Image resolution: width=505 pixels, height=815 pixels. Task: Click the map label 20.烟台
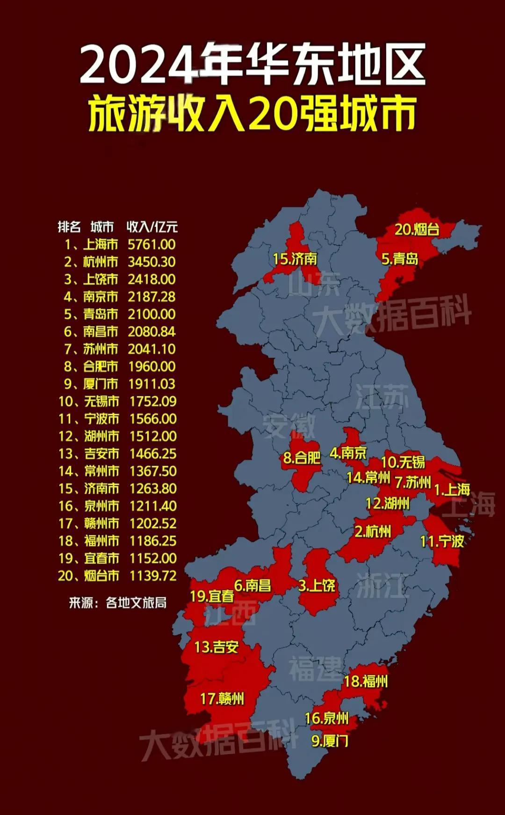417,229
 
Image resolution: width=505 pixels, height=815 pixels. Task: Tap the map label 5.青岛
400,259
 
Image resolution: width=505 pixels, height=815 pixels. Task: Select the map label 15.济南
295,258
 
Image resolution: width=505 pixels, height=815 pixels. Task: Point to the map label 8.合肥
302,457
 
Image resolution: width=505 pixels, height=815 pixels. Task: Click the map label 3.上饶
317,585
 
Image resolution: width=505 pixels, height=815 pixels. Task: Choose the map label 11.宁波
442,541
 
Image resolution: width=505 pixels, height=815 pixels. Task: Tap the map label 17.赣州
222,699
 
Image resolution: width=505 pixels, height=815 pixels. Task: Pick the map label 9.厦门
330,741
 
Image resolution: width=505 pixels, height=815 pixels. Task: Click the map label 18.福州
366,681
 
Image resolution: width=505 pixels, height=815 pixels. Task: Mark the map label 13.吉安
216,647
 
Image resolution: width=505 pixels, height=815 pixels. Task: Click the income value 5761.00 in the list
152,244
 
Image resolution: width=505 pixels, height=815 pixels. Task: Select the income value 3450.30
152,262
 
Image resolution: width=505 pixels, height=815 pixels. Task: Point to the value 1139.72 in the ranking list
153,575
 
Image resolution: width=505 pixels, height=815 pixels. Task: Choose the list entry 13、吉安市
89,454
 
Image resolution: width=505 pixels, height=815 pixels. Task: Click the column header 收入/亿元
152,227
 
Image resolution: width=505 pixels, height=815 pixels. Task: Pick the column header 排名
69,227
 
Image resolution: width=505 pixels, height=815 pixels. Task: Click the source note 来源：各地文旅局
117,602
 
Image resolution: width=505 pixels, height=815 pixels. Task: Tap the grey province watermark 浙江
382,585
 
